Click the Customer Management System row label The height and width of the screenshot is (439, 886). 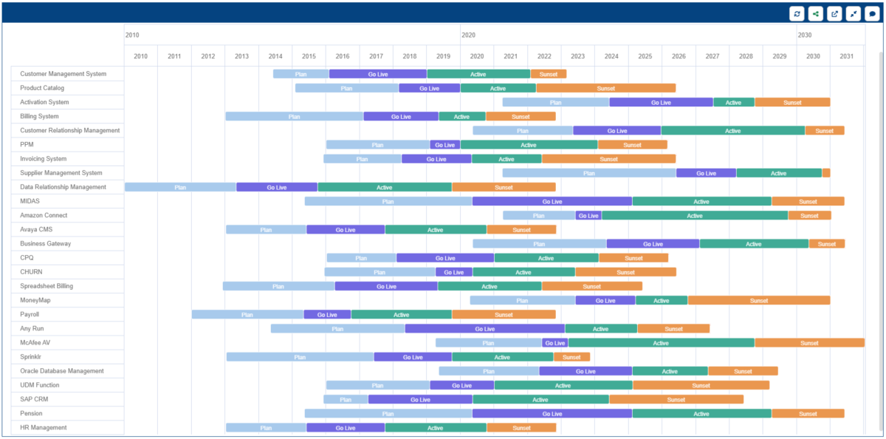[x=63, y=74]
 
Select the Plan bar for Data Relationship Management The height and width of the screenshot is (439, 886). [x=180, y=187]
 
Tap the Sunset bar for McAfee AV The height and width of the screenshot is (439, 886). [x=809, y=343]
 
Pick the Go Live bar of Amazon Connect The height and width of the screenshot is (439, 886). [x=588, y=216]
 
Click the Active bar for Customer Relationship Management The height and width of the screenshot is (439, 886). [x=732, y=131]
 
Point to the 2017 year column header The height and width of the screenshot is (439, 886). [x=376, y=56]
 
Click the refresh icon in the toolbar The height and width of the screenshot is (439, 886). [x=797, y=13]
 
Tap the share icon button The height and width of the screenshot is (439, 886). [x=816, y=13]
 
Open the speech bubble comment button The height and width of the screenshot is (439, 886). [x=872, y=13]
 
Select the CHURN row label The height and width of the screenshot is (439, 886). [x=31, y=272]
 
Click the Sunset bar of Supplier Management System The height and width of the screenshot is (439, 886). [x=826, y=173]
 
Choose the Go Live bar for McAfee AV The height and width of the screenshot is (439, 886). [x=554, y=343]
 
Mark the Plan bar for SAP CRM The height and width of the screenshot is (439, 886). [x=346, y=399]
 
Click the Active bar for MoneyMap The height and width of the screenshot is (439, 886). [x=661, y=301]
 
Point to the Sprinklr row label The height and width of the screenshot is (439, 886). [x=35, y=357]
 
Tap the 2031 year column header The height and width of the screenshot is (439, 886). [x=846, y=56]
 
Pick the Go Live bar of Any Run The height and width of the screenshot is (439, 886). [x=484, y=329]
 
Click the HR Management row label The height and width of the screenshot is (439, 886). [x=44, y=428]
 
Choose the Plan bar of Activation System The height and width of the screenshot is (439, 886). [x=555, y=103]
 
